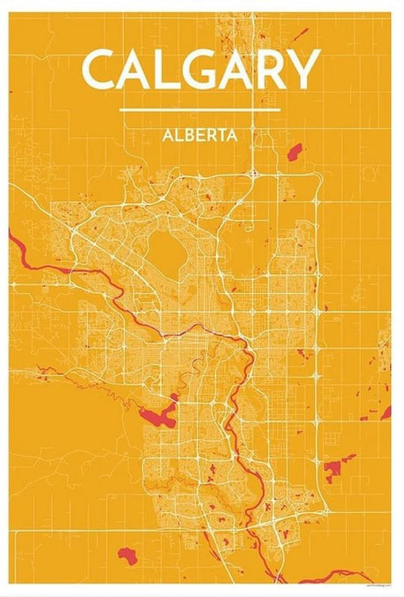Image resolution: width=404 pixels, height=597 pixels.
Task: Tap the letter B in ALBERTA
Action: click(x=186, y=136)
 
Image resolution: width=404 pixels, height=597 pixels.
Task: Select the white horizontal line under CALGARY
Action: click(x=200, y=110)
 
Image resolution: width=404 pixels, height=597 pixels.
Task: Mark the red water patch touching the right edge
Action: click(x=387, y=411)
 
